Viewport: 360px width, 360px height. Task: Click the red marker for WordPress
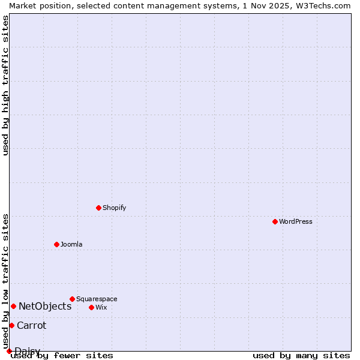(x=275, y=221)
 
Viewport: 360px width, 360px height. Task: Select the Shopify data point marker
(x=98, y=208)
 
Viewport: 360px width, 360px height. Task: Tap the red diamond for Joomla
(x=56, y=244)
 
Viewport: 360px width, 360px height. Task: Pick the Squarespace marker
(x=72, y=299)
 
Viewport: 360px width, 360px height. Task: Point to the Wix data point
(x=91, y=307)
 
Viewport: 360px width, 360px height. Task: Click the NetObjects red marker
(x=13, y=306)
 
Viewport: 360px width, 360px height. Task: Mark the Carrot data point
(x=11, y=325)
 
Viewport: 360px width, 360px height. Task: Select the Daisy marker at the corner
(x=9, y=351)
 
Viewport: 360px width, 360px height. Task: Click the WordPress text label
(x=296, y=221)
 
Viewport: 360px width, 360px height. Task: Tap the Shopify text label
(x=115, y=208)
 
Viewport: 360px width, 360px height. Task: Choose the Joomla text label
(x=71, y=244)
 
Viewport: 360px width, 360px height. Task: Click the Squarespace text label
(x=97, y=299)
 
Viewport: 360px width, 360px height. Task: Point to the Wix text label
(x=101, y=307)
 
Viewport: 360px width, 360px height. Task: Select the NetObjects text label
(x=45, y=306)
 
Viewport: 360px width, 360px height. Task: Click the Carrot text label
(x=31, y=325)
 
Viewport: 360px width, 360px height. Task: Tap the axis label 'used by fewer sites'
(x=62, y=356)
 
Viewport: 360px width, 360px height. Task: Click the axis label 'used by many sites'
(x=301, y=356)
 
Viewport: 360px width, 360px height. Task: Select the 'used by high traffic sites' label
(x=5, y=85)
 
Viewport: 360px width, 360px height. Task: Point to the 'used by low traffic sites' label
(x=5, y=281)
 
